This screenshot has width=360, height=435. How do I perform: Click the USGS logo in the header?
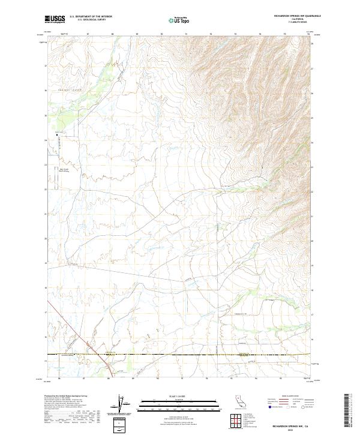(55, 19)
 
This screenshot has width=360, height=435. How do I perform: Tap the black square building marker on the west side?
(58, 135)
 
